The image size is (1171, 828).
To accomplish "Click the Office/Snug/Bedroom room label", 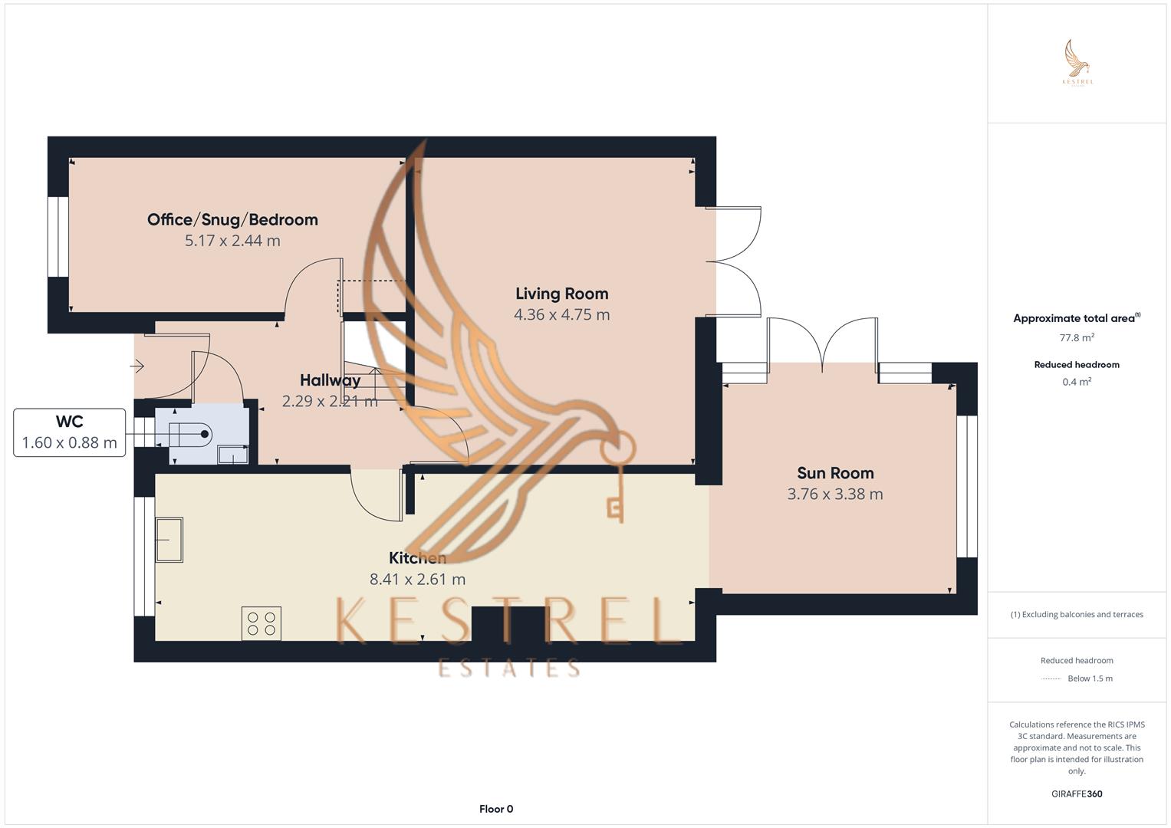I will pos(232,220).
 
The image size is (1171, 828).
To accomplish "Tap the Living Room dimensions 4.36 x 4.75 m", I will pos(561,315).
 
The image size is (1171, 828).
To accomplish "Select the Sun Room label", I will pos(835,474).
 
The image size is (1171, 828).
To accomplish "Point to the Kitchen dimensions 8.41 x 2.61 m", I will pos(417,580).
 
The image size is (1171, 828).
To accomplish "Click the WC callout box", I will pos(70,432).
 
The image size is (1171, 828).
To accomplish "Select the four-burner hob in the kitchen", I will pos(262,623).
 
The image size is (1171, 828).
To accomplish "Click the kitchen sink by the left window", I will pos(169,540).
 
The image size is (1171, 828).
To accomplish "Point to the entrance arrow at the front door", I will pos(137,366).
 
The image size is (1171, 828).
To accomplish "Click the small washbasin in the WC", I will pos(232,455).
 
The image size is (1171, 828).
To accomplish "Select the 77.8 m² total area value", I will pos(1077,337).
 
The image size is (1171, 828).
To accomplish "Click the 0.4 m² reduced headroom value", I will pos(1077,382).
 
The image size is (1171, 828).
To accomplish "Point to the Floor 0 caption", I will pos(496,809).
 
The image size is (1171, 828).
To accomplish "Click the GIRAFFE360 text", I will pos(1077,794).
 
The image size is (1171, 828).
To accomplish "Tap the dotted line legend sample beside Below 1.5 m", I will pos(1051,678).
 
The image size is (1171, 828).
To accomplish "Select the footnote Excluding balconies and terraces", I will pos(1077,614).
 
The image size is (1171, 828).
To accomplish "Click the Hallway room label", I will pos(330,380).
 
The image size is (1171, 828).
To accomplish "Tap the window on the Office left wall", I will pos(58,237).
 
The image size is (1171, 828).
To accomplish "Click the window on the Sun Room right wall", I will pos(967,486).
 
